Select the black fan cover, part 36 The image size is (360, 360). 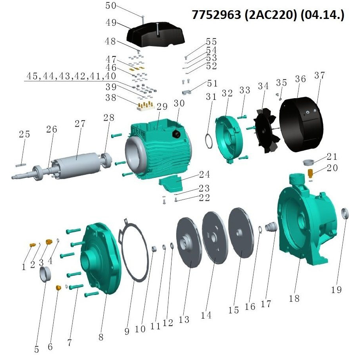tap(301, 124)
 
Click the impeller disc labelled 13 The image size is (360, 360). tap(189, 242)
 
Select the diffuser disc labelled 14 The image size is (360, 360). tap(215, 238)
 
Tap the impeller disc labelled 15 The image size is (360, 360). tap(241, 233)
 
